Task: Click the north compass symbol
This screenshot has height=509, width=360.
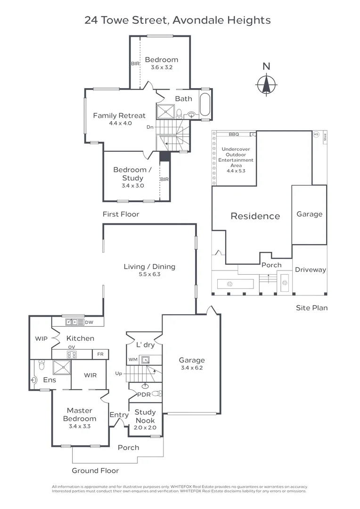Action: [x=266, y=85]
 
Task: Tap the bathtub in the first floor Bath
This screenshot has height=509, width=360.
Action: [x=205, y=104]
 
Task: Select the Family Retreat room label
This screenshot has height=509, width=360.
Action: [x=119, y=115]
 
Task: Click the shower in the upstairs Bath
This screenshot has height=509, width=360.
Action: [x=166, y=112]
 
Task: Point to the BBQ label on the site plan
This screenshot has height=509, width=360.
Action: [x=234, y=134]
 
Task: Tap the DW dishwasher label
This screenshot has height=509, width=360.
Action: [x=89, y=322]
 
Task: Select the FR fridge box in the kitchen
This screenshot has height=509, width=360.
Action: [x=100, y=354]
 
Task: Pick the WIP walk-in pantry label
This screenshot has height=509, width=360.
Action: [x=41, y=338]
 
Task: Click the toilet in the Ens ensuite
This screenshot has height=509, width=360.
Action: [x=41, y=365]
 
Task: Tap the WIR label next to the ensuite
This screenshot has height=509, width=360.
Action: [x=90, y=375]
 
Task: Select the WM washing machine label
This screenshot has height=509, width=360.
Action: [x=133, y=359]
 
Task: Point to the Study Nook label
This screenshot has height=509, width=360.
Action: [x=146, y=416]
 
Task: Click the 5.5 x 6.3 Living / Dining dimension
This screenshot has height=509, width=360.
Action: [x=149, y=274]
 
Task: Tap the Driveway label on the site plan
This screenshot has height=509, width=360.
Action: [x=311, y=270]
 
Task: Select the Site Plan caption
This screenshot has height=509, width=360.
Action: [x=311, y=308]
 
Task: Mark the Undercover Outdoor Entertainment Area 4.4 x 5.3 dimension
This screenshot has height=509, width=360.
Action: [x=236, y=171]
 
